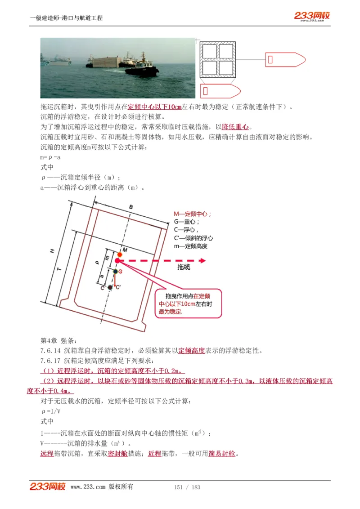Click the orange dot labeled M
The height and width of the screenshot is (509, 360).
120,254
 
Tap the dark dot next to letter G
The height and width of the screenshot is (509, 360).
116,272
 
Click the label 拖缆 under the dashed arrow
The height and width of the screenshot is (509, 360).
184,267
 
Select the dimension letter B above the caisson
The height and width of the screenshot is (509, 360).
131,207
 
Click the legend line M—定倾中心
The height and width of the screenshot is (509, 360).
192,214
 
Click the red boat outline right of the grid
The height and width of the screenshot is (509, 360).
285,60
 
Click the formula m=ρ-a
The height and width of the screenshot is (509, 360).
50,158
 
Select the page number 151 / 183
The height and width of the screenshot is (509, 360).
187,487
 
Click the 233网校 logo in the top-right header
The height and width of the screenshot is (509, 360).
312,16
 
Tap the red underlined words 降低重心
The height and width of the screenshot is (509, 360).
235,127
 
